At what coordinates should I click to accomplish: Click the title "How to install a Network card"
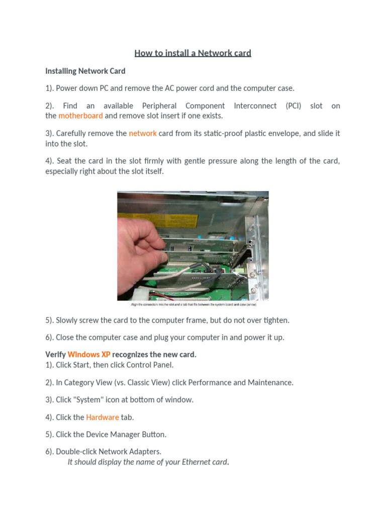click(x=192, y=53)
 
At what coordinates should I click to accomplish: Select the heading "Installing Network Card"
click(x=85, y=71)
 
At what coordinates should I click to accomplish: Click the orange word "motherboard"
click(x=80, y=115)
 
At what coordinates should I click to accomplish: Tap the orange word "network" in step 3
click(x=143, y=133)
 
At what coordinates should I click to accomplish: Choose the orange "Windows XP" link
click(x=89, y=354)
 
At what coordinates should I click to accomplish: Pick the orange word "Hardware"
click(x=103, y=417)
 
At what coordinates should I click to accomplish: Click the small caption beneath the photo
click(x=193, y=304)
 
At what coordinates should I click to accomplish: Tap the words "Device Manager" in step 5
click(x=109, y=434)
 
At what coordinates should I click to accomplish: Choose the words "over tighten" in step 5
click(x=266, y=320)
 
